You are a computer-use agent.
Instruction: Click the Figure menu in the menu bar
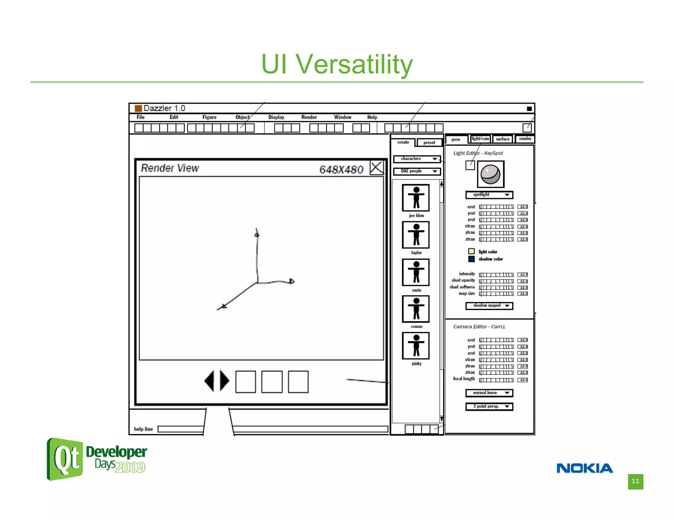click(209, 117)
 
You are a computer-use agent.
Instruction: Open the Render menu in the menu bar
click(309, 117)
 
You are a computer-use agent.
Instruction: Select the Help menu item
click(372, 117)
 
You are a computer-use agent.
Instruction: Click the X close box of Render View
click(376, 168)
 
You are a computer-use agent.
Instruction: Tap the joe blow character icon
click(416, 198)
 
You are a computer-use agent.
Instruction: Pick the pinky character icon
click(416, 346)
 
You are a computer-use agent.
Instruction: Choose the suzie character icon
click(416, 272)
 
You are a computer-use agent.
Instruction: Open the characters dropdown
click(417, 159)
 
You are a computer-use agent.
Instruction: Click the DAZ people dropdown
click(417, 171)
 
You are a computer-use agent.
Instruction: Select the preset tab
click(429, 143)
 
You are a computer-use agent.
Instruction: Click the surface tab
click(502, 139)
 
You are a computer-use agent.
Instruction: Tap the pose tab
click(456, 139)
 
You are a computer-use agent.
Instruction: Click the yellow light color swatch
click(471, 251)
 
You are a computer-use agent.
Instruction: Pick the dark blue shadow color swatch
click(471, 259)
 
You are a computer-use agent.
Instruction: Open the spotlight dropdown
click(489, 195)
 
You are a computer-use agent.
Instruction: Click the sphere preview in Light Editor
click(490, 174)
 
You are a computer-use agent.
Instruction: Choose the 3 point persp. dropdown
click(489, 407)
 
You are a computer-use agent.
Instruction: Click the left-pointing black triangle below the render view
click(210, 381)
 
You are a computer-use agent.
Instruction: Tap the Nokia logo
click(584, 468)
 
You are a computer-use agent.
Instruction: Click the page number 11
click(635, 481)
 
